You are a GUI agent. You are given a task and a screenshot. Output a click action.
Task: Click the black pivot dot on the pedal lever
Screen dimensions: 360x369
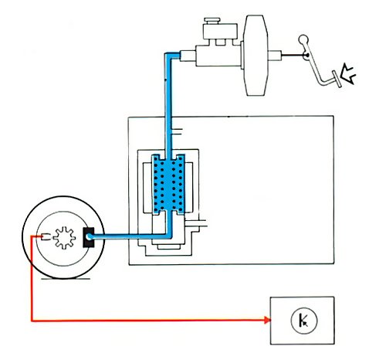point(307,56)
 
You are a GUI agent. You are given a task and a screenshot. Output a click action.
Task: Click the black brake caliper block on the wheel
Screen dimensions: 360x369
point(86,238)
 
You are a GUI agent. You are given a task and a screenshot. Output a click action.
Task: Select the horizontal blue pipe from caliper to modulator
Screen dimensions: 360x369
point(127,236)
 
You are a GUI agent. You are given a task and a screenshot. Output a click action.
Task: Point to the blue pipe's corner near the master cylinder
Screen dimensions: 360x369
point(168,53)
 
